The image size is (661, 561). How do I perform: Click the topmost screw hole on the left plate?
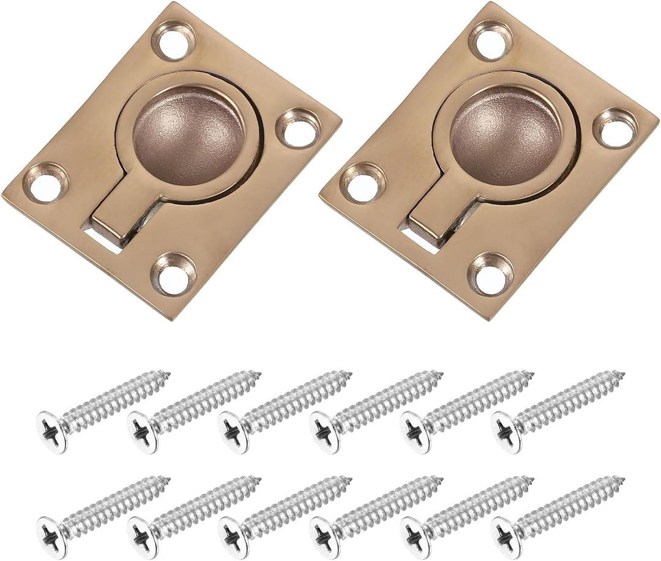(x=174, y=42)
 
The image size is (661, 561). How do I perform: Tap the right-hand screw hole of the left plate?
(x=299, y=129)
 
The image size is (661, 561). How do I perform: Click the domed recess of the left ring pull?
(x=189, y=135)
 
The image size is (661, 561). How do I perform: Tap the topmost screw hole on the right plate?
(x=491, y=42)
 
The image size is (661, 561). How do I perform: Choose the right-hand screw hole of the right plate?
(x=615, y=129)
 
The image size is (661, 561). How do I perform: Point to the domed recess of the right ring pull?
(x=506, y=135)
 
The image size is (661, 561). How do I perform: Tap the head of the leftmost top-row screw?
(x=51, y=432)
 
